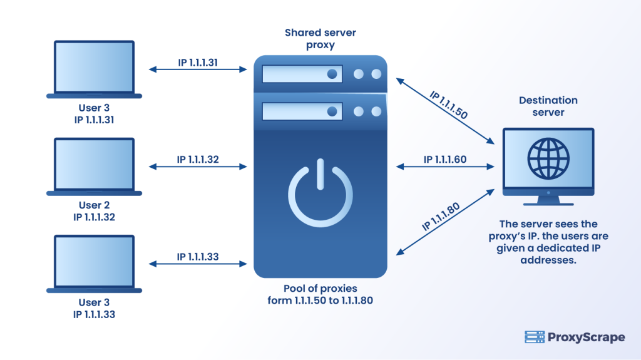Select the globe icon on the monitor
(x=547, y=156)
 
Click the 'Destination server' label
(x=548, y=106)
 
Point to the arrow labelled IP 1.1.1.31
(x=197, y=70)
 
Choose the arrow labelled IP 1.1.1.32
(x=197, y=167)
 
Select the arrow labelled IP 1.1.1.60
(x=445, y=167)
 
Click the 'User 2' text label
(x=94, y=205)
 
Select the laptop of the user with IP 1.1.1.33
(x=94, y=264)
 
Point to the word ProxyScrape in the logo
(x=585, y=337)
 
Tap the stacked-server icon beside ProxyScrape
(x=533, y=337)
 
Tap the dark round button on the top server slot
(x=333, y=74)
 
